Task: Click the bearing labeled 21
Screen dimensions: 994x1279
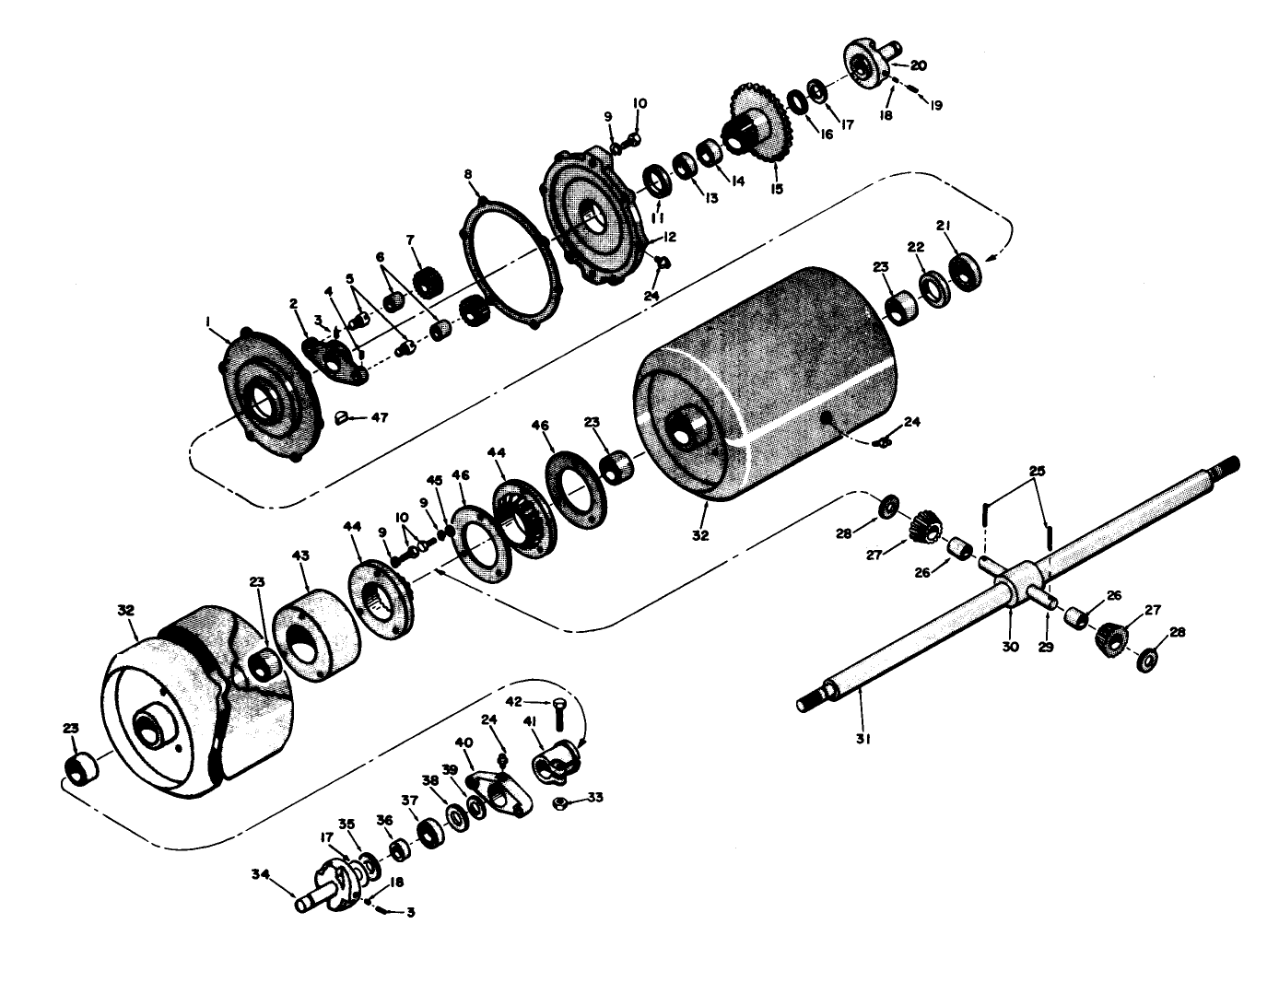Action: (x=964, y=271)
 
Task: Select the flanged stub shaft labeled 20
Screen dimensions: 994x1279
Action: (x=866, y=65)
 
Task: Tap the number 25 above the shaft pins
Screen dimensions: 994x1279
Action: (x=1037, y=472)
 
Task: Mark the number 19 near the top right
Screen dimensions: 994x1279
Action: (x=935, y=106)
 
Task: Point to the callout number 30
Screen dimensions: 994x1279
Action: (x=1010, y=647)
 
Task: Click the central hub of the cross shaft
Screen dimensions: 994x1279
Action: (x=1013, y=583)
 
